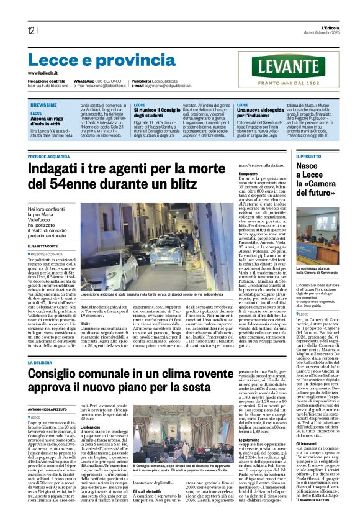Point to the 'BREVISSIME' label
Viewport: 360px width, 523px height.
tap(47, 105)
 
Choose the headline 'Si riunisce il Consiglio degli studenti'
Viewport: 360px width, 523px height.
tap(161, 113)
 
